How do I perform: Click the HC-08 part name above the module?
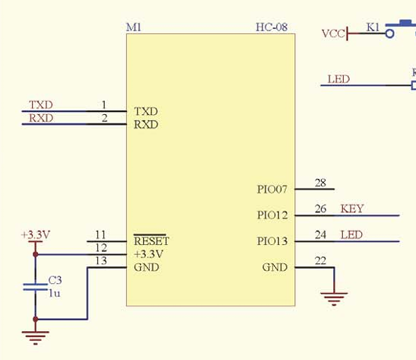(x=272, y=27)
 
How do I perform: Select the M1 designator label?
(x=134, y=27)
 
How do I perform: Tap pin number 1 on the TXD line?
(x=104, y=105)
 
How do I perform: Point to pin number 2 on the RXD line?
(x=104, y=118)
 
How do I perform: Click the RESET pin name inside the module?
(x=151, y=241)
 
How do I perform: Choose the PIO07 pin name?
(x=272, y=190)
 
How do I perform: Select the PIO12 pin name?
(x=272, y=215)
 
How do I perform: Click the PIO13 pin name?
(x=272, y=241)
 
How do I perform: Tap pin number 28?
(x=320, y=183)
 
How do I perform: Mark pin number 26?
(x=320, y=209)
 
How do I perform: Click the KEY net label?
(x=352, y=209)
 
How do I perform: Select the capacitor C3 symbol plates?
(x=35, y=287)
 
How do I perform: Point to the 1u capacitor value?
(x=55, y=293)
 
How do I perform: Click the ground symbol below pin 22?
(x=334, y=299)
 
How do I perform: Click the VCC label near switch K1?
(x=333, y=33)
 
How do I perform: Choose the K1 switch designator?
(x=373, y=27)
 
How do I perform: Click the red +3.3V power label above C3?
(x=36, y=234)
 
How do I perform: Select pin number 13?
(x=101, y=261)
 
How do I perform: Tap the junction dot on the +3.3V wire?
(x=35, y=254)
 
